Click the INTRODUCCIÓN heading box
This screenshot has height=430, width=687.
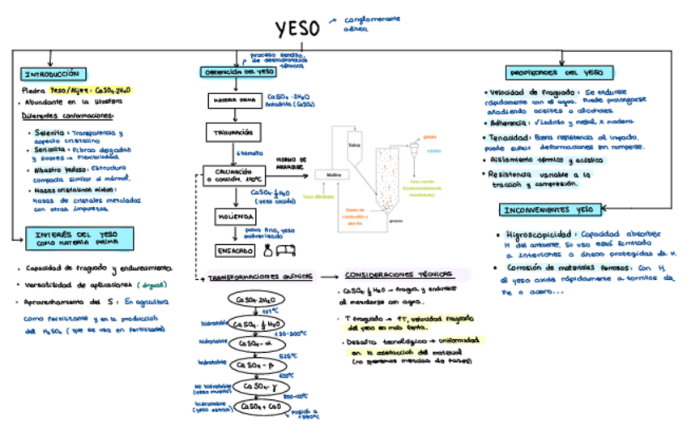pos(52,74)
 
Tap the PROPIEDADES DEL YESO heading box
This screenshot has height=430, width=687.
pos(554,72)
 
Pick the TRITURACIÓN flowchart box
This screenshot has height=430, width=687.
pos(233,131)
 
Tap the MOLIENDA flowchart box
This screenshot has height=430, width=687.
pos(236,217)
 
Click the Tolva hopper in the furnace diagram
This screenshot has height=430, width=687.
pos(353,144)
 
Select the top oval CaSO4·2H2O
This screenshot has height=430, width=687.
pos(256,299)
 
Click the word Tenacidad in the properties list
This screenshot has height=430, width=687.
pos(506,138)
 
